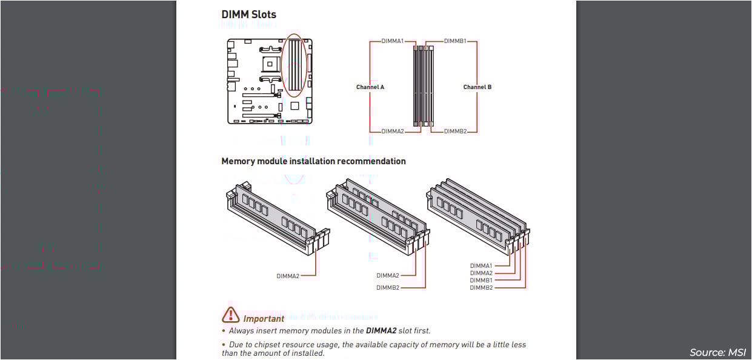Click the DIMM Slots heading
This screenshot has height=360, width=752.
pyautogui.click(x=248, y=15)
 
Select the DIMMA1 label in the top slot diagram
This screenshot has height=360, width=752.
pyautogui.click(x=392, y=41)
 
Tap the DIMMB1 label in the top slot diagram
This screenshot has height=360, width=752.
pyautogui.click(x=455, y=41)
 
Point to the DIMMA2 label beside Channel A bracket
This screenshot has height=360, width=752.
pyautogui.click(x=392, y=131)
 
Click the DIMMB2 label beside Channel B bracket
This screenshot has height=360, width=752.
pyautogui.click(x=455, y=131)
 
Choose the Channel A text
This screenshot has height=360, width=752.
pyautogui.click(x=370, y=87)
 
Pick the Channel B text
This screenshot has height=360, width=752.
pyautogui.click(x=477, y=87)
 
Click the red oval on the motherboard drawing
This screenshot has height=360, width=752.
pyautogui.click(x=294, y=65)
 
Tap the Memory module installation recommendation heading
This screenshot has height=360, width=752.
pyautogui.click(x=313, y=161)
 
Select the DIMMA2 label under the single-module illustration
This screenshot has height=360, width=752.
pyautogui.click(x=288, y=276)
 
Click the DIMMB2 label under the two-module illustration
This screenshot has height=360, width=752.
pyautogui.click(x=388, y=288)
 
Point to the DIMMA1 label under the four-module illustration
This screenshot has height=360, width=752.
pyautogui.click(x=481, y=266)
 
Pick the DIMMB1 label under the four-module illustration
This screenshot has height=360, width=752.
pyautogui.click(x=481, y=281)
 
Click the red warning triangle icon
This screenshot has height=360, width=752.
pyautogui.click(x=230, y=315)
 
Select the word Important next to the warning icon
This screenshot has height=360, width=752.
pyautogui.click(x=264, y=319)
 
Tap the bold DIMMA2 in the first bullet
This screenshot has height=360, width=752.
pyautogui.click(x=381, y=331)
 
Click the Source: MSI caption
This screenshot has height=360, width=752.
pyautogui.click(x=717, y=352)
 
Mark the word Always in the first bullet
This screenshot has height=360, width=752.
pyautogui.click(x=241, y=331)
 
